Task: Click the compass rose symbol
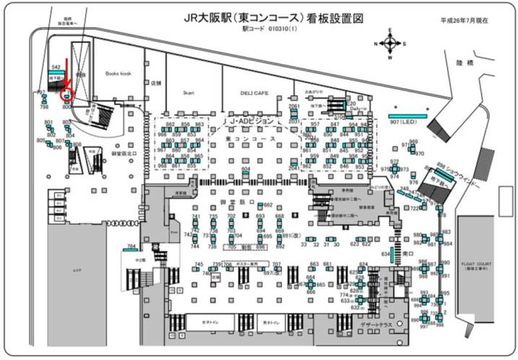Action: pos(391,43)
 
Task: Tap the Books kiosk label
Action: pos(118,74)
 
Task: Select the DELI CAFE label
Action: pos(254,93)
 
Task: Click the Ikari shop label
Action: pos(190,93)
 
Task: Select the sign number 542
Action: pos(56,67)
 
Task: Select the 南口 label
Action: pos(407,254)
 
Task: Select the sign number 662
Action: pos(268,205)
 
